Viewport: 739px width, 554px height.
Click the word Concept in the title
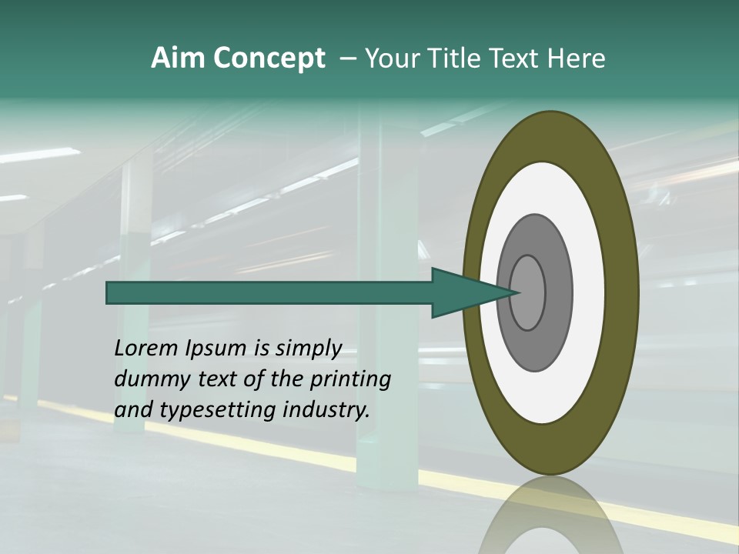pyautogui.click(x=269, y=58)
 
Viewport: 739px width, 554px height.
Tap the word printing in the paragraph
pyautogui.click(x=349, y=380)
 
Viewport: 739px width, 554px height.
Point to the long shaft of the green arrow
pyautogui.click(x=269, y=293)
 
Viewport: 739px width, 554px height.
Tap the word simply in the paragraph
pyautogui.click(x=308, y=349)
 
